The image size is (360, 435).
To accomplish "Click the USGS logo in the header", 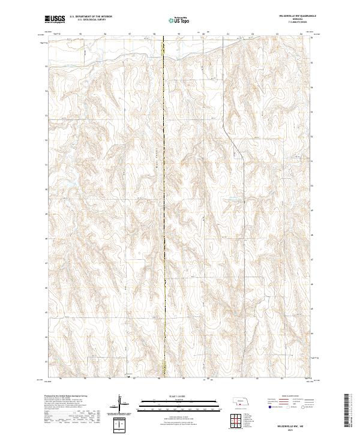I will pos(56,19).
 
